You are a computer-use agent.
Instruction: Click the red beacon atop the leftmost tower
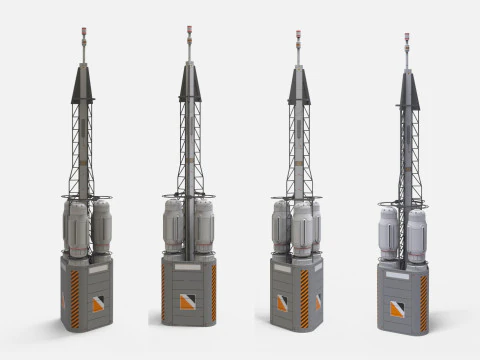click(x=83, y=31)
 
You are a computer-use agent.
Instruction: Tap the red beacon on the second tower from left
click(x=189, y=30)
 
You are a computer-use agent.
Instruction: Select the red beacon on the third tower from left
click(x=297, y=36)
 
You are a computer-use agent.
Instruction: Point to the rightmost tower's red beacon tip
click(x=406, y=37)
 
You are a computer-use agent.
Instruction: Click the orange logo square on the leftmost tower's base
click(x=98, y=303)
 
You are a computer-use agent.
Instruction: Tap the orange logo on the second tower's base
click(x=187, y=301)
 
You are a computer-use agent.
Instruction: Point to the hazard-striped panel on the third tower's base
click(x=304, y=298)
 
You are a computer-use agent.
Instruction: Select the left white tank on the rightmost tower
click(x=388, y=236)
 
